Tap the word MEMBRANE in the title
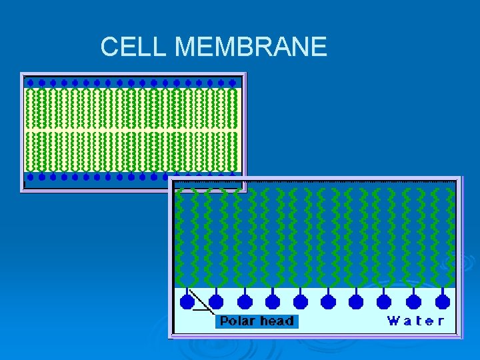click(x=251, y=47)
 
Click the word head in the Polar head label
click(x=277, y=321)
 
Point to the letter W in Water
click(x=394, y=321)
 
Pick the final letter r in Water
click(x=440, y=321)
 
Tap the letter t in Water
click(x=417, y=321)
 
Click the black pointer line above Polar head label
click(x=200, y=301)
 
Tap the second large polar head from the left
click(x=216, y=301)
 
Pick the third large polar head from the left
click(x=244, y=301)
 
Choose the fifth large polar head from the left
click(x=301, y=301)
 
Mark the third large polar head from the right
click(x=385, y=301)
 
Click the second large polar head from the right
click(x=413, y=301)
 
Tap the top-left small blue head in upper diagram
click(x=29, y=83)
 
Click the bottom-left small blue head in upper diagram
click(x=29, y=177)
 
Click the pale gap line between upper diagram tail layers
click(x=132, y=129)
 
